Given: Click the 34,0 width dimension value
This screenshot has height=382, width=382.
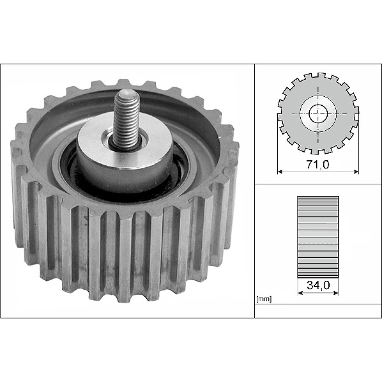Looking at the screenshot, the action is pos(318,285).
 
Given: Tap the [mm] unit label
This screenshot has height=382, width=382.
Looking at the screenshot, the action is pos(264,299).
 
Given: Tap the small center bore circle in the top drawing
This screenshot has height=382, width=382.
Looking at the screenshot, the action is pos(318,113).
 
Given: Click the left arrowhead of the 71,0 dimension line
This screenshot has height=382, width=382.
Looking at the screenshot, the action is pos(280,172).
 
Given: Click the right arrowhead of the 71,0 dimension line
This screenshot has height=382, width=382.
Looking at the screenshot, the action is pos(356,172).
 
